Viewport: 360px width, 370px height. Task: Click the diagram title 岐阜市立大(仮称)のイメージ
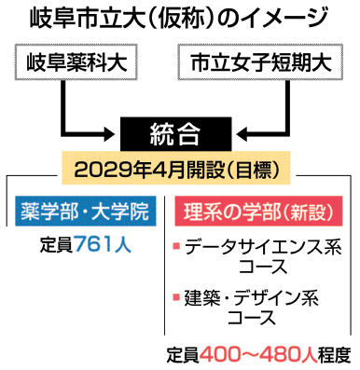[x=178, y=18]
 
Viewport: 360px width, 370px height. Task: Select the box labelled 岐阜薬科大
[x=77, y=62]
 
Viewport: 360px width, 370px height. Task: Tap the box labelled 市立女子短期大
[x=260, y=62]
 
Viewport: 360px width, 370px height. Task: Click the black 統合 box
[x=175, y=134]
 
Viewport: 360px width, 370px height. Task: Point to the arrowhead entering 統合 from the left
[x=109, y=134]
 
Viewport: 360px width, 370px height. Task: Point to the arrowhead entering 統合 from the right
[x=243, y=134]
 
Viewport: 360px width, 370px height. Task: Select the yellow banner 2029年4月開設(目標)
[x=175, y=169]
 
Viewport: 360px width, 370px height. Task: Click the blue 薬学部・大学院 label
[x=86, y=211]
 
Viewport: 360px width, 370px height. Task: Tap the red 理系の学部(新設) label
[x=258, y=211]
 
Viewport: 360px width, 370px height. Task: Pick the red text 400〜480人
[x=258, y=354]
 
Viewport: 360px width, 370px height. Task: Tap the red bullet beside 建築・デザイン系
[x=176, y=297]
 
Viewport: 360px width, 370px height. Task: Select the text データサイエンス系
[x=263, y=247]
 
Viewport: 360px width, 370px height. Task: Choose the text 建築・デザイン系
[x=252, y=298]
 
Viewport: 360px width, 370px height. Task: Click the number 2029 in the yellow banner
[x=94, y=170]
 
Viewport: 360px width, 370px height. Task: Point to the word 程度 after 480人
[x=335, y=354]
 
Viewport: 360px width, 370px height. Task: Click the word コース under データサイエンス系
[x=263, y=266]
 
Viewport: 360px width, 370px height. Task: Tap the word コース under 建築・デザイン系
[x=252, y=317]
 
